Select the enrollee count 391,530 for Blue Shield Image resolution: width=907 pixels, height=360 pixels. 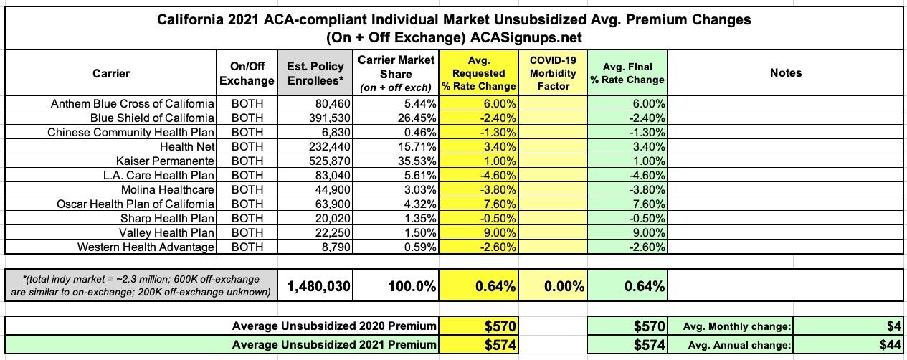tap(326, 118)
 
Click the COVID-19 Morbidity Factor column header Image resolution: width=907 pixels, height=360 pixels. tap(554, 72)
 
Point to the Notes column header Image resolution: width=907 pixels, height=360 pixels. tap(786, 72)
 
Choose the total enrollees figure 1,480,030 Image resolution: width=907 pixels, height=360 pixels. tap(319, 287)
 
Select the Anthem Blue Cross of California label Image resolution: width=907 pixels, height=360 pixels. tap(133, 103)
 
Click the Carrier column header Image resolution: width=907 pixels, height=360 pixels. tap(111, 72)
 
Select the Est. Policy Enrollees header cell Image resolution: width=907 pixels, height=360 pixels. tap(316, 72)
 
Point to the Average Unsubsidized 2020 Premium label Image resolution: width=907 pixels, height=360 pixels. tap(334, 326)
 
